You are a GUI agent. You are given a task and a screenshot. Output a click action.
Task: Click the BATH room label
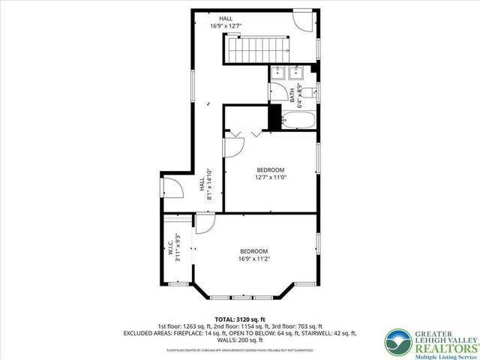292,95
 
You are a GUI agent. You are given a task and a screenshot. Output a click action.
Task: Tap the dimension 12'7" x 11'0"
271,178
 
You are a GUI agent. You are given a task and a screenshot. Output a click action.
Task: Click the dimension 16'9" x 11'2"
254,259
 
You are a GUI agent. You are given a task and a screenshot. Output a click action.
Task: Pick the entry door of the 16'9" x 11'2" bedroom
205,223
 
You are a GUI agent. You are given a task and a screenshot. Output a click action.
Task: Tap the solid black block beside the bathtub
274,118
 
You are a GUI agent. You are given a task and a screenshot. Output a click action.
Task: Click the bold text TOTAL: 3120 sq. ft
239,319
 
